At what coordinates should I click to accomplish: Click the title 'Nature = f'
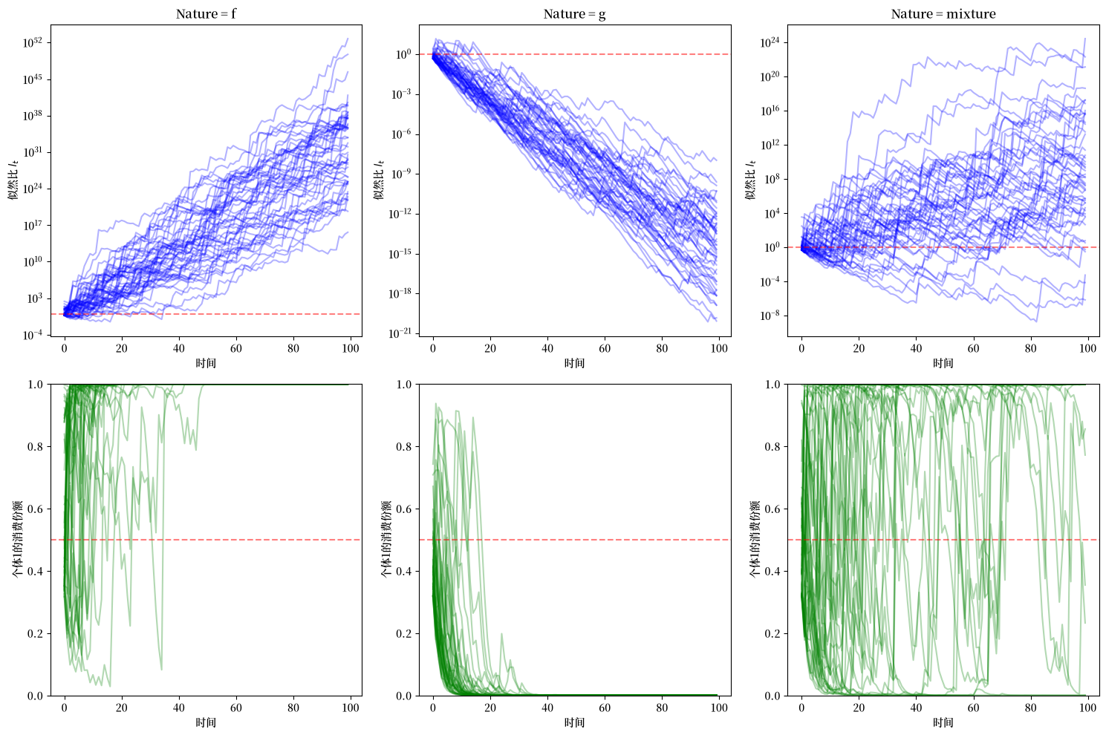[206, 14]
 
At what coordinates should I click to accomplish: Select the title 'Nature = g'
[575, 14]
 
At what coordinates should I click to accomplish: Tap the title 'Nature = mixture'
[943, 14]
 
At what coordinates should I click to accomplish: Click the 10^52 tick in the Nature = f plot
[33, 43]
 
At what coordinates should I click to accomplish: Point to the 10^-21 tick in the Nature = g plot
[400, 333]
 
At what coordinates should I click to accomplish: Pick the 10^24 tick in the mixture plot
[770, 43]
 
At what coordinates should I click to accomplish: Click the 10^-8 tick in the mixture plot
[770, 316]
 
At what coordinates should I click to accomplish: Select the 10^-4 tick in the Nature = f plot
[33, 335]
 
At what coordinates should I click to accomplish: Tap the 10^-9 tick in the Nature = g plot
[401, 174]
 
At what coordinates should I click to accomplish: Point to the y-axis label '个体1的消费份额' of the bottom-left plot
[17, 540]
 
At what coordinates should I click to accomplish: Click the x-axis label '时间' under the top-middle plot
[575, 363]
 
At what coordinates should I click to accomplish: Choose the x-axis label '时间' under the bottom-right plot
[943, 722]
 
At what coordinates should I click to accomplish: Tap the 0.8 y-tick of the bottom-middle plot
[404, 447]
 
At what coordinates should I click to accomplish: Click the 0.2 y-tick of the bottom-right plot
[772, 634]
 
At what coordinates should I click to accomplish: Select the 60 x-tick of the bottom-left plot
[236, 708]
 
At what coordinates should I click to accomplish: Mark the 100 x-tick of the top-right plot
[1087, 348]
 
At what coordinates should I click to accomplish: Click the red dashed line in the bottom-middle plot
[575, 540]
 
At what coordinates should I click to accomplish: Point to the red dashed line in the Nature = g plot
[575, 53]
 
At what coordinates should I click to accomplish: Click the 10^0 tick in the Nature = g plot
[404, 54]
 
